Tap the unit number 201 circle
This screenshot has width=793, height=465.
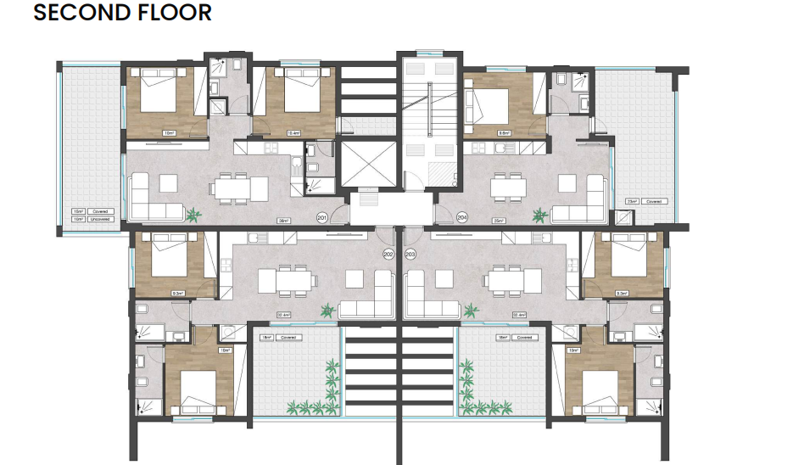click(322, 218)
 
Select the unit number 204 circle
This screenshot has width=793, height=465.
click(462, 218)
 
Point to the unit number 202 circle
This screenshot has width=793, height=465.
click(388, 254)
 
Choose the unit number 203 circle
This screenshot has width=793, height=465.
click(411, 254)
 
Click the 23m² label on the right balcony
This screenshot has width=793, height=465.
click(632, 201)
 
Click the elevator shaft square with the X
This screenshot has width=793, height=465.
click(367, 165)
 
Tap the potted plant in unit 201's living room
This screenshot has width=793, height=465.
click(193, 214)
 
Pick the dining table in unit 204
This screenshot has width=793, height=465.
click(509, 187)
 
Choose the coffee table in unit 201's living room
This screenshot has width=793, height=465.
click(164, 182)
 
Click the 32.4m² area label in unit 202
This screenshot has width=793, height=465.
click(285, 315)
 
